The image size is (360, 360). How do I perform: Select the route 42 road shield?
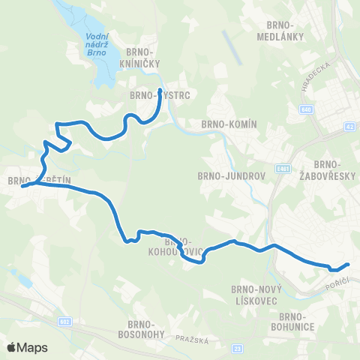(x=350, y=127)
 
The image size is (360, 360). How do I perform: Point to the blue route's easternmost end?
(x=349, y=263)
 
